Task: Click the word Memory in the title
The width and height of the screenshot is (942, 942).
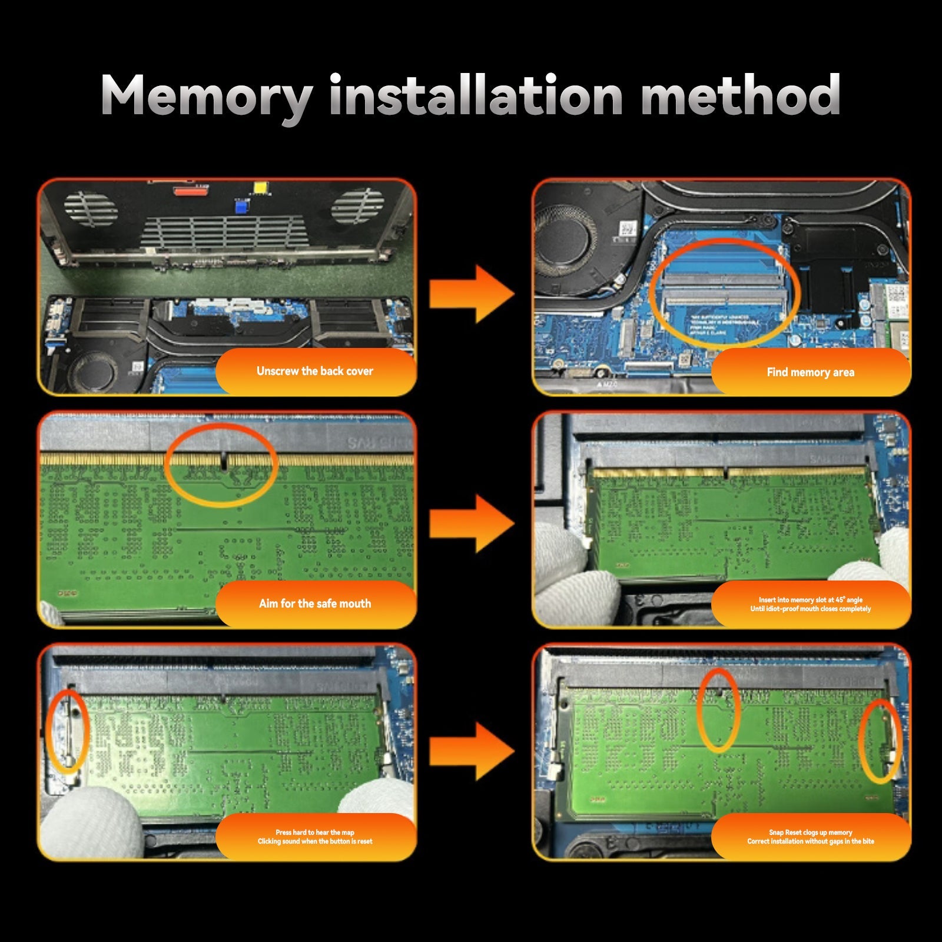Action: [206, 95]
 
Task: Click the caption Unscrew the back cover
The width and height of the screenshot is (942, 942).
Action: [315, 371]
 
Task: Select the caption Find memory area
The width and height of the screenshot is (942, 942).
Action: [810, 372]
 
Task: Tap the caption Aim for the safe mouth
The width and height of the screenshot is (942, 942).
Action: [315, 603]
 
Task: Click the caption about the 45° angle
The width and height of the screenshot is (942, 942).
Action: [810, 604]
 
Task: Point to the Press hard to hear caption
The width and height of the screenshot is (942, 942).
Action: [315, 837]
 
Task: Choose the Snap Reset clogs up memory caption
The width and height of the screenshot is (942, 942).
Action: [810, 837]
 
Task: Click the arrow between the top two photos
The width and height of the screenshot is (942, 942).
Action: [471, 293]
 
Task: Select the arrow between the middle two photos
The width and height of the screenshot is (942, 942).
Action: [471, 523]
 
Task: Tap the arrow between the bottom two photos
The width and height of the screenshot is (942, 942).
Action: [471, 751]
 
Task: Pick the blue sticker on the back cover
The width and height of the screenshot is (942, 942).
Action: [241, 206]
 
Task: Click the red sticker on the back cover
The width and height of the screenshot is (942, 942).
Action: [190, 190]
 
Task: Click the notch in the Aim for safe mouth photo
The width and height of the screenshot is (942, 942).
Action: [224, 461]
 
